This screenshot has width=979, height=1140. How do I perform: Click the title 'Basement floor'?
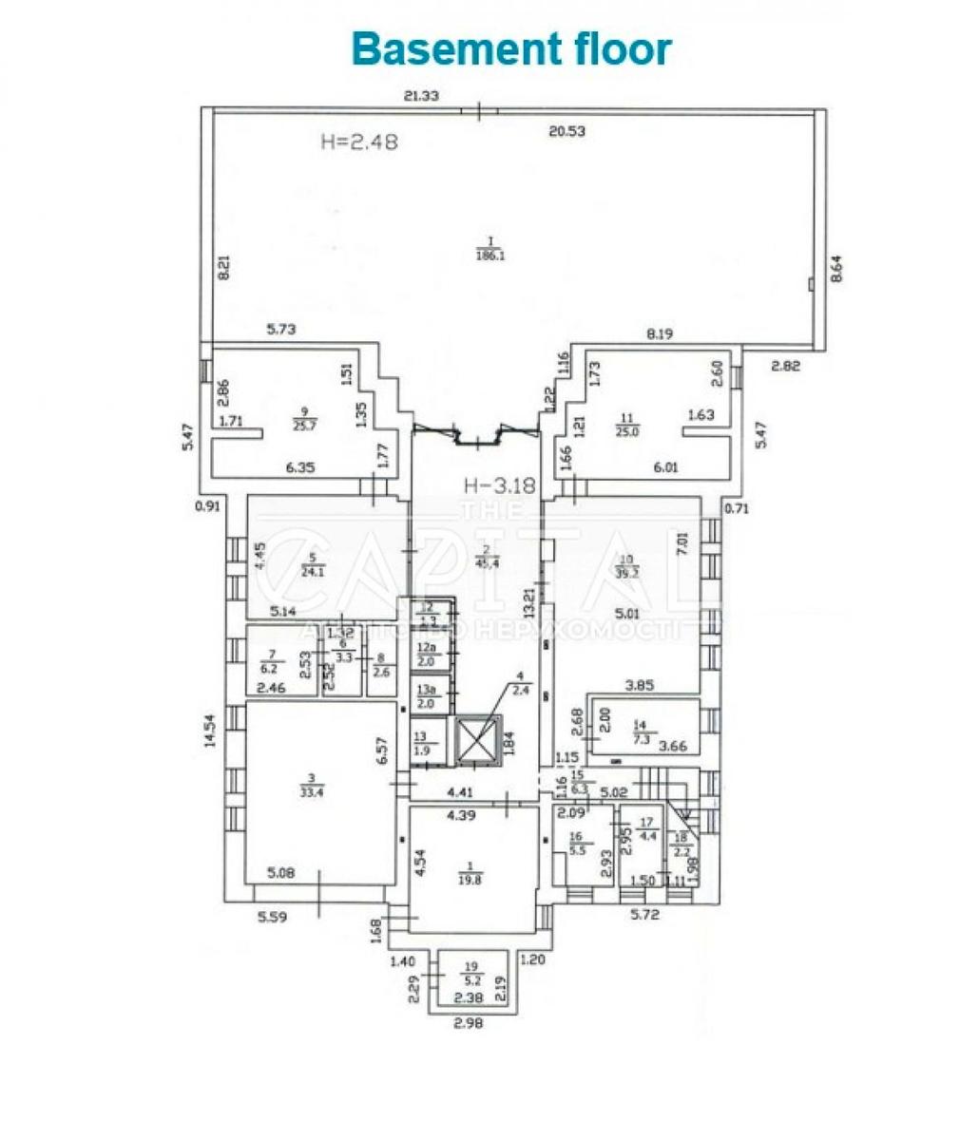point(511,48)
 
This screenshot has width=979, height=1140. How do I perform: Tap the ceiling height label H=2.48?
point(357,142)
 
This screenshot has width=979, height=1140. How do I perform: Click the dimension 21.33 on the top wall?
point(421,95)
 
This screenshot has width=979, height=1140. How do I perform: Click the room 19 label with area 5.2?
point(472,976)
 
